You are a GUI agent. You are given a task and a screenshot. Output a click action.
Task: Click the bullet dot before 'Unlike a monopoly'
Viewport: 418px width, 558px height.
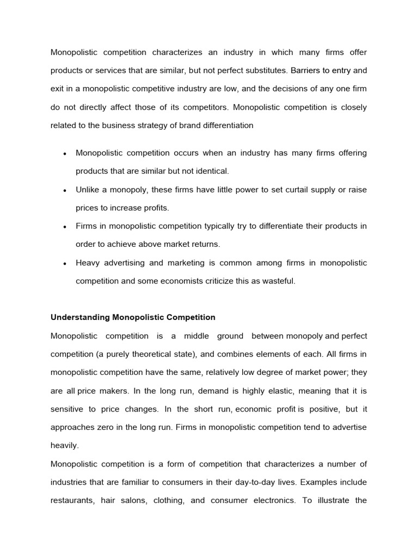click(x=65, y=191)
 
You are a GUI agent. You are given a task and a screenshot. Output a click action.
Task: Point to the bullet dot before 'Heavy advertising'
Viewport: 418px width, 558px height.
click(x=65, y=264)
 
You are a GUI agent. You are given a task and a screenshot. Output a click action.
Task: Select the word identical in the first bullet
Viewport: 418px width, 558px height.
click(x=210, y=171)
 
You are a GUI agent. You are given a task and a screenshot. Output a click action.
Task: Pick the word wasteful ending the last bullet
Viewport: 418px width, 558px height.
click(x=278, y=281)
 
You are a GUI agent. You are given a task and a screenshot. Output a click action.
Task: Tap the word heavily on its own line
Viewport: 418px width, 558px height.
click(x=64, y=446)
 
